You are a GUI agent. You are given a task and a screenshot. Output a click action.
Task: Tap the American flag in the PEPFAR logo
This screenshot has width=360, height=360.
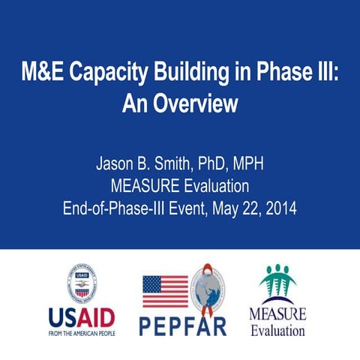[x=165, y=292]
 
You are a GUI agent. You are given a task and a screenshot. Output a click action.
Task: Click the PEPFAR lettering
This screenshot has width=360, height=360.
[x=184, y=325]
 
